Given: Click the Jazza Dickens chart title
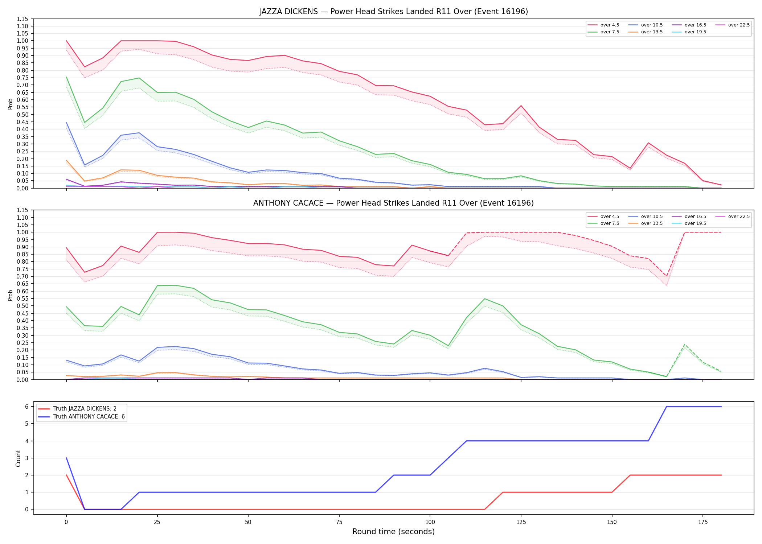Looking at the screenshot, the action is pos(394,12).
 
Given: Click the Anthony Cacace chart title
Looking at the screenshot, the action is pos(394,203).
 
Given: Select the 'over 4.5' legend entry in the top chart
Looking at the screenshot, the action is pos(603,25).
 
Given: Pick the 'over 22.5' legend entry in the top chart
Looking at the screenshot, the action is pos(732,25).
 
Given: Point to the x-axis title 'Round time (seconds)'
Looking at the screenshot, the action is pos(394,532).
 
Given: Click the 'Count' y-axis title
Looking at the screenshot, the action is pos(18,458).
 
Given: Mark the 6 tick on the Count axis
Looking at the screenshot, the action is pos(26,407).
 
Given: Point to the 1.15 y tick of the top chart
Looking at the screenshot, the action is pos(22,19).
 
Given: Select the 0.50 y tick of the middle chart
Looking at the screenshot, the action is pos(22,306).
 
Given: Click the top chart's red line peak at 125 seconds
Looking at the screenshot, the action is pos(521,106).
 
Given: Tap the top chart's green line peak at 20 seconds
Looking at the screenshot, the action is pos(139,78).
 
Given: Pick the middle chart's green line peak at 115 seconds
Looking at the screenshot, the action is pos(485,299).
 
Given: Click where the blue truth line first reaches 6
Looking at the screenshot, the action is pos(667,407).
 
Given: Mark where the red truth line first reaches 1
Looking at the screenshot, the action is pos(503,492).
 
